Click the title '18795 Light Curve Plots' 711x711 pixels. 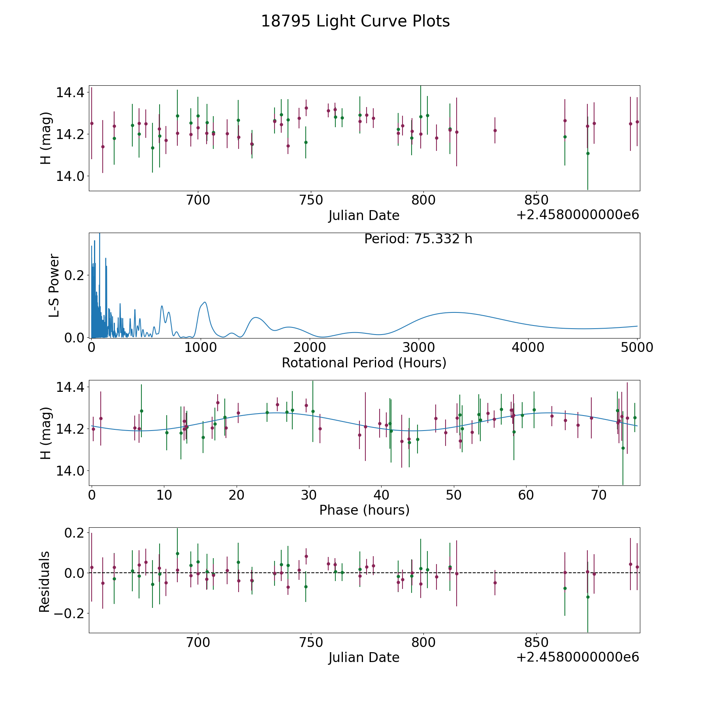click(355, 21)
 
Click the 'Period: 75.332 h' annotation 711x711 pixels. click(418, 239)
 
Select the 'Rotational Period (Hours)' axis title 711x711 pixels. click(364, 363)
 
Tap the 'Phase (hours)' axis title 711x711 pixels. click(364, 510)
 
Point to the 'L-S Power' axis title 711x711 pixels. click(54, 285)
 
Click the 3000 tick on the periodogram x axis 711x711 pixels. click(419, 347)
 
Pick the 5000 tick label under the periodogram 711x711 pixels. click(637, 347)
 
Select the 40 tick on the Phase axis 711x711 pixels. click(382, 495)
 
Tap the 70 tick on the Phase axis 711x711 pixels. click(599, 495)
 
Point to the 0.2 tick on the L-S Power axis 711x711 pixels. click(75, 275)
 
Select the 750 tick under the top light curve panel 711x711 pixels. click(310, 200)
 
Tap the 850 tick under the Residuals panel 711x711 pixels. click(536, 642)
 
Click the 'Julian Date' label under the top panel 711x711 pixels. click(364, 216)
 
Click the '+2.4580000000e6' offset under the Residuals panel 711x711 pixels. click(577, 657)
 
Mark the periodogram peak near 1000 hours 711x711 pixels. click(205, 302)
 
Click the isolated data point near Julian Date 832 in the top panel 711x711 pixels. click(495, 130)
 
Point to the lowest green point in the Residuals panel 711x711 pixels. click(588, 597)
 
